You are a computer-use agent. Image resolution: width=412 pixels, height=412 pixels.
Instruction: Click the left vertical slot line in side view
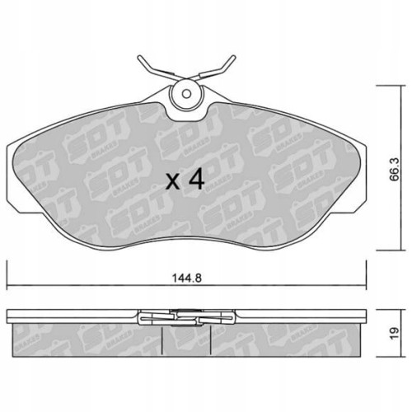point(162,338)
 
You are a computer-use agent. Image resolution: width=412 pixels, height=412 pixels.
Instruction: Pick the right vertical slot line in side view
point(212,338)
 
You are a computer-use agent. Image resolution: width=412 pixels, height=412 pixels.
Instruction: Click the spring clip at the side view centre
point(186,316)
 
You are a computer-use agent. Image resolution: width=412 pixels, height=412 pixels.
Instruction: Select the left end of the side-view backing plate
point(10,316)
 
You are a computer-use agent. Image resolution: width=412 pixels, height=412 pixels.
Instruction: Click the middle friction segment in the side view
point(186,339)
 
